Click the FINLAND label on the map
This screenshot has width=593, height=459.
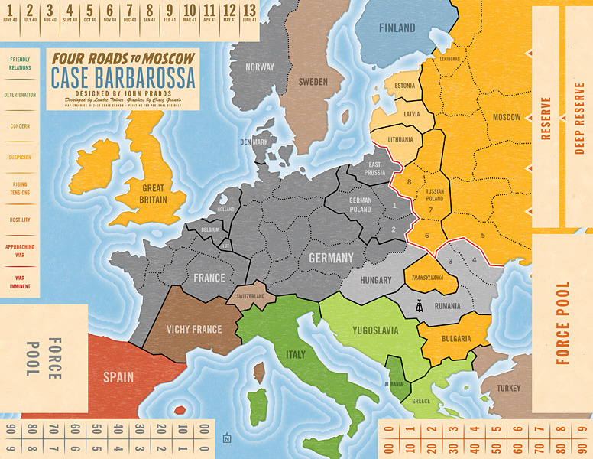tap(397, 28)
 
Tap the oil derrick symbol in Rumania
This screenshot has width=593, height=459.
tap(417, 306)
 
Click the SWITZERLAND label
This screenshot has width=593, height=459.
tap(250, 296)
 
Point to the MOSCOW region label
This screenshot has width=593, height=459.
tap(506, 117)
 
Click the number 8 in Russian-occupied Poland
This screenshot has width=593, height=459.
tap(410, 182)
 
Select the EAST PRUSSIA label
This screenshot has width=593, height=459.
tap(374, 169)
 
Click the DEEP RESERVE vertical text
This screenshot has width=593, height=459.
tap(578, 119)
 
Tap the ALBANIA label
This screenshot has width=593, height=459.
tap(394, 384)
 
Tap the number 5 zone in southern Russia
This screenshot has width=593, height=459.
tap(483, 236)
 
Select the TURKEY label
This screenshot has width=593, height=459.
tap(508, 389)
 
